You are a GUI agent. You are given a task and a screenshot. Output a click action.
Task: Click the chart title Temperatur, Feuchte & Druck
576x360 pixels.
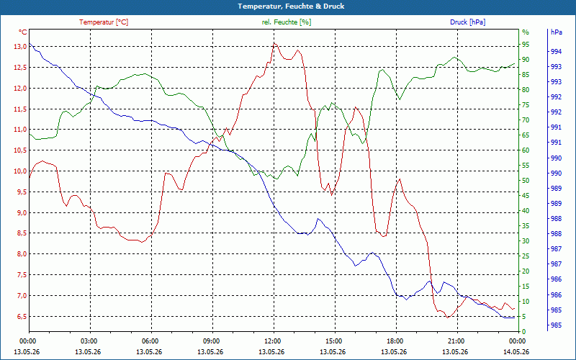291,6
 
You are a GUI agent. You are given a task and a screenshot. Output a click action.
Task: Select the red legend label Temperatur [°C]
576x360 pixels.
104,22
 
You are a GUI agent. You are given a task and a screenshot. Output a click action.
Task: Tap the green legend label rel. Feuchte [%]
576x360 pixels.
286,22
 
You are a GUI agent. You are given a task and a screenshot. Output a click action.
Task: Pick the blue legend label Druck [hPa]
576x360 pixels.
467,22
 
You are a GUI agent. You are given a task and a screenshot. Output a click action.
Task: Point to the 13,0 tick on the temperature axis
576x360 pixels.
20,47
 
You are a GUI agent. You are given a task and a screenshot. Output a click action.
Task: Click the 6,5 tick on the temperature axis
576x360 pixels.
21,316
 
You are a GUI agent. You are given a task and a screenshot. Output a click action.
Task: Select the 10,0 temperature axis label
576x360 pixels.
20,171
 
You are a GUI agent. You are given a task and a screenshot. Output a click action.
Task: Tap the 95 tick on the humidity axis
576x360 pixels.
526,45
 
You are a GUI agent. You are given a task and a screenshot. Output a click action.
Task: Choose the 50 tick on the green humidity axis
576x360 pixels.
526,181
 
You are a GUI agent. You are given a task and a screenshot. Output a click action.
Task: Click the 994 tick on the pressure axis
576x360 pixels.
556,51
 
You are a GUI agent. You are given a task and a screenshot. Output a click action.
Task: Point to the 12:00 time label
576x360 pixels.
272,341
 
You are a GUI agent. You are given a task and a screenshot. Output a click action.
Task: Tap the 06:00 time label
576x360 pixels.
150,341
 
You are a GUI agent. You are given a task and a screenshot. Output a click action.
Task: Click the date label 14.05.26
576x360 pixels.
516,351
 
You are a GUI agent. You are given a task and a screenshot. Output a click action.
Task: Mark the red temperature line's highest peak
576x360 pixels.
274,43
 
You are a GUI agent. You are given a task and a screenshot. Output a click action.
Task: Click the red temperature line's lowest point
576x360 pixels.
447,318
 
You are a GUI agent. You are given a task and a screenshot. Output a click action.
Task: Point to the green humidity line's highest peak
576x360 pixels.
454,57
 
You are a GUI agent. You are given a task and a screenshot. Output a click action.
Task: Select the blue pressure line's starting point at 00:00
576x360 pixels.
30,43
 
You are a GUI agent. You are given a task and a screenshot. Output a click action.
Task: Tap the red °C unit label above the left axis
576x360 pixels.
22,32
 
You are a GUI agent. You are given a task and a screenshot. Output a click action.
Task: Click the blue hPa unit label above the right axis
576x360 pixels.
556,32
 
